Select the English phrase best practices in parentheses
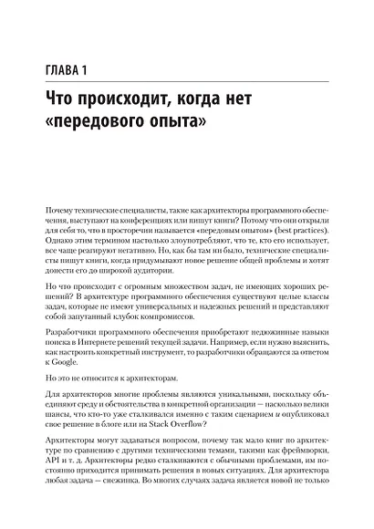[307, 236]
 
